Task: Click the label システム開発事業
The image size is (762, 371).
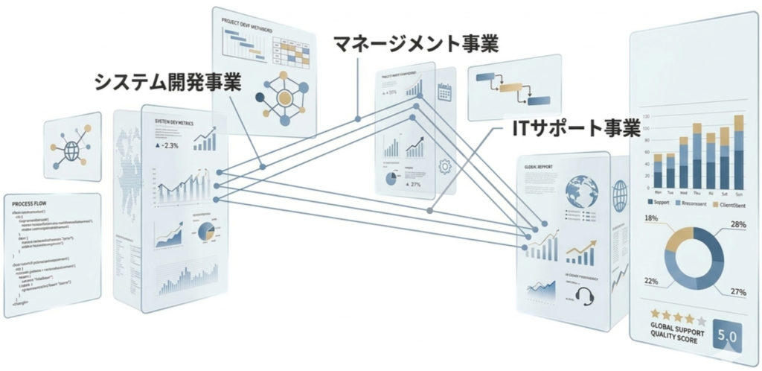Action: (x=167, y=81)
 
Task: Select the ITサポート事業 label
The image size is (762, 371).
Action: (x=577, y=127)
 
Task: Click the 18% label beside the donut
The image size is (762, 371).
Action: (x=651, y=219)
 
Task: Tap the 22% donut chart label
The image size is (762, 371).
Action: (x=652, y=280)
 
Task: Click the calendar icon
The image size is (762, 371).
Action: (x=446, y=92)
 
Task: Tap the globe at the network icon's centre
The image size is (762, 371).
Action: (x=72, y=150)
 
